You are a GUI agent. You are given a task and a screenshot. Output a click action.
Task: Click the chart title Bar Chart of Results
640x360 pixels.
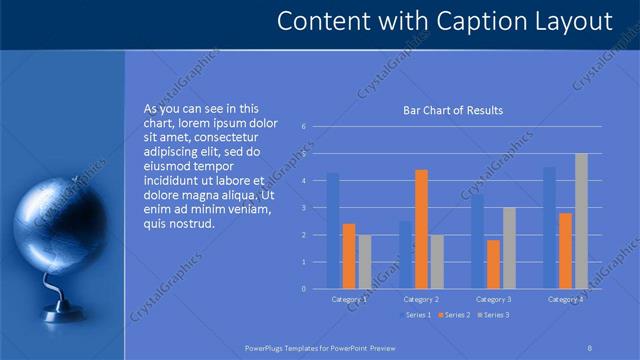(452, 110)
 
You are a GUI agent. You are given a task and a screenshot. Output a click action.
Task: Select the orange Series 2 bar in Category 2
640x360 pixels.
(421, 229)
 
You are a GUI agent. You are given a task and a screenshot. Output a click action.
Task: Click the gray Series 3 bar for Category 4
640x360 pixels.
(581, 221)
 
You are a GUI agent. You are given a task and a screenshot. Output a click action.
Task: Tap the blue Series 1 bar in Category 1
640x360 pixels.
(333, 231)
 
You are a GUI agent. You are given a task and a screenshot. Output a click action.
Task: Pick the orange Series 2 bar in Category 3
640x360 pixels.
(493, 264)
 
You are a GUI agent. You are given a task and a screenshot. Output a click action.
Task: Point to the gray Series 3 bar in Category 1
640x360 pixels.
(365, 262)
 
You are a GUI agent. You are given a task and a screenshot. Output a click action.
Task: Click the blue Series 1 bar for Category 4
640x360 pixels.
(549, 228)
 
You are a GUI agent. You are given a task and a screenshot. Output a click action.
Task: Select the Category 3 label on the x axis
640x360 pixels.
(493, 299)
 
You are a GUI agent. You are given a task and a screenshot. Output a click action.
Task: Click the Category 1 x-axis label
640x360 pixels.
(349, 299)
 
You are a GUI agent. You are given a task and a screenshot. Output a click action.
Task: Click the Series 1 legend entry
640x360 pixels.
(418, 315)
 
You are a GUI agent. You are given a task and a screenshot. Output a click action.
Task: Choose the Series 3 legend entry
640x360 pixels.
(494, 315)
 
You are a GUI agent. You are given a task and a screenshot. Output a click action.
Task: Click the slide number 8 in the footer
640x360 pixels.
(590, 349)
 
